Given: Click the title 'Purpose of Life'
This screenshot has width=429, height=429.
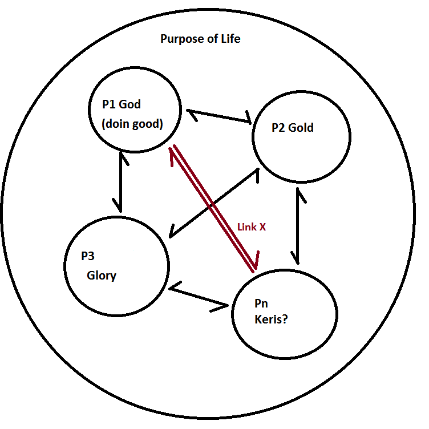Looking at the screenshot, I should tap(200, 39).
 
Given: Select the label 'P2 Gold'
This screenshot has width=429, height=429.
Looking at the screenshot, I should tap(293, 128).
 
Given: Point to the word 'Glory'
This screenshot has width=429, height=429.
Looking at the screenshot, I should tap(102, 276).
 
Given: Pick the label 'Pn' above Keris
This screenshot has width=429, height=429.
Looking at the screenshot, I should tap(261, 303).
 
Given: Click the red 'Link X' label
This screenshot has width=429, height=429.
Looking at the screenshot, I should tap(252, 226).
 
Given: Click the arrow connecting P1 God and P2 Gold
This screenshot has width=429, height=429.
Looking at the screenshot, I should tap(219, 116).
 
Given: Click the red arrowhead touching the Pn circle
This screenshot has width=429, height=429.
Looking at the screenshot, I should tap(256, 262).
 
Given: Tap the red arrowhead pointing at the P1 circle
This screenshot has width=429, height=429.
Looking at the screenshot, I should tap(173, 151).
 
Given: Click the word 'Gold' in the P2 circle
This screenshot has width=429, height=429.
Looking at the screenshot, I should tap(301, 128).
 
